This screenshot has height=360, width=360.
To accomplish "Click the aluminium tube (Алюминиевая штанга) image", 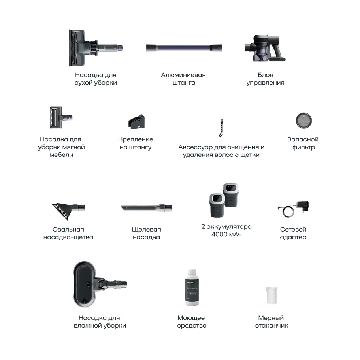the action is tap(184, 48).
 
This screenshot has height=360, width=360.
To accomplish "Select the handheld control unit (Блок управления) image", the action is tap(265, 48).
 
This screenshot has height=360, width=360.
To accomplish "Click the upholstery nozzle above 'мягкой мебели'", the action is tap(61, 117).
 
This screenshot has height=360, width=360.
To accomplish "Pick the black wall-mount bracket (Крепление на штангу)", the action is tap(137, 122).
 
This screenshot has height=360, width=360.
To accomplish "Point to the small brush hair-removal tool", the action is tap(221, 128).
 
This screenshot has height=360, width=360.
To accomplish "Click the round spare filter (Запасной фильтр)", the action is tap(304, 121).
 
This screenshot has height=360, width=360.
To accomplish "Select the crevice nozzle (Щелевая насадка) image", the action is tap(147, 208).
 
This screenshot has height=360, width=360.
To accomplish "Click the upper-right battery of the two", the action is tap(231, 195).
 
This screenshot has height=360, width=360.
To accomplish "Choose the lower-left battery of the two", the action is tap(217, 205).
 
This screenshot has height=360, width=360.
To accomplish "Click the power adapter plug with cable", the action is tap(294, 209).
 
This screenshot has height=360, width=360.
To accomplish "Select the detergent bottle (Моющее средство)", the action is tap(192, 287).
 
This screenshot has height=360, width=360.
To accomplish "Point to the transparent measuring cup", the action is tap(271, 296).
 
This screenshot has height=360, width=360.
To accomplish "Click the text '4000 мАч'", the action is tap(226, 234).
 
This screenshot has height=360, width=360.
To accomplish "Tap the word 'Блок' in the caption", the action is tap(266, 75).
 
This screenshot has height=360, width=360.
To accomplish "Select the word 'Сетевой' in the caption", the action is tap(293, 229).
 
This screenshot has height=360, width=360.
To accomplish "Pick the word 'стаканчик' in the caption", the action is tap(271, 326).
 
